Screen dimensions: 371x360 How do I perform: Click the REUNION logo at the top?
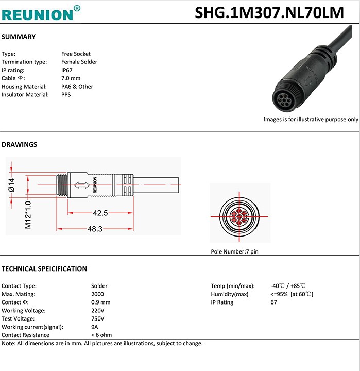tap(41, 12)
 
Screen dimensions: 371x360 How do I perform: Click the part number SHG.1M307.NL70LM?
tap(269, 12)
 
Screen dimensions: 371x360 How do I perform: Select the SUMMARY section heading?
tap(19, 37)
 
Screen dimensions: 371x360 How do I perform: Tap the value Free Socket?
tap(76, 54)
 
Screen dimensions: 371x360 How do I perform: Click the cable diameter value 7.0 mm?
tap(71, 78)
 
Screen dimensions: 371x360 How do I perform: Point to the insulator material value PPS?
tap(66, 95)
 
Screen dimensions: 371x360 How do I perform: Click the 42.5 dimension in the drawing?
tap(100, 213)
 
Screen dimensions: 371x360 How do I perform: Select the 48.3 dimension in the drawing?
tap(94, 229)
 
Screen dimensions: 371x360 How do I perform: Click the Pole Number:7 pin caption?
tap(234, 252)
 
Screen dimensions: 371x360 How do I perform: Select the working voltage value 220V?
tap(98, 311)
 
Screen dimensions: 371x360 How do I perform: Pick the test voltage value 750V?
tap(98, 319)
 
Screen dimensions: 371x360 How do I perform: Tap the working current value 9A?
tap(95, 327)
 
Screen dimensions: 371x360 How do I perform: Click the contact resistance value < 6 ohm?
tap(101, 335)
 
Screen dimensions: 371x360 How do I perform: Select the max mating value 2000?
tap(98, 294)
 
